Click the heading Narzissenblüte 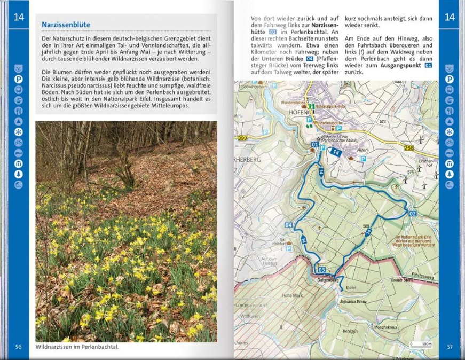click(x=66, y=25)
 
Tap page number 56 click(x=19, y=347)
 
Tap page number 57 click(x=450, y=347)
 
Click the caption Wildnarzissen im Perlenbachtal click(x=77, y=347)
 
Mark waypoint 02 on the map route click(x=412, y=214)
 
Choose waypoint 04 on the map click(x=289, y=225)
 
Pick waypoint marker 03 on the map click(x=321, y=270)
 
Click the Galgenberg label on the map click(x=328, y=280)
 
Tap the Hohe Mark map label click(x=292, y=295)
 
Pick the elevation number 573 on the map click(x=382, y=122)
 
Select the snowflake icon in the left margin click(x=19, y=131)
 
